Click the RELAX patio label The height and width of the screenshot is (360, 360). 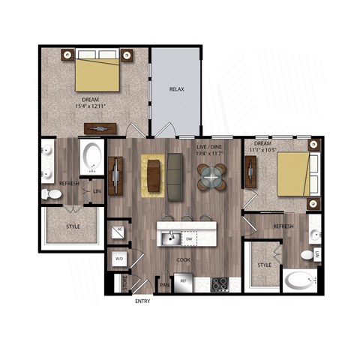tap(176, 89)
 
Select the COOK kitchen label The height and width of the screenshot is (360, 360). tap(184, 260)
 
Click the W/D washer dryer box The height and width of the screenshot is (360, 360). tap(119, 259)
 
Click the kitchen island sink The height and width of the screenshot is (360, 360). tap(169, 238)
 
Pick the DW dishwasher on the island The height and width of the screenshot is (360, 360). tap(190, 239)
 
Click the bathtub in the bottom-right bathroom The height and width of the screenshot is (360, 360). tap(300, 281)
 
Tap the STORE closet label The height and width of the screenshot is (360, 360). tap(124, 283)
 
